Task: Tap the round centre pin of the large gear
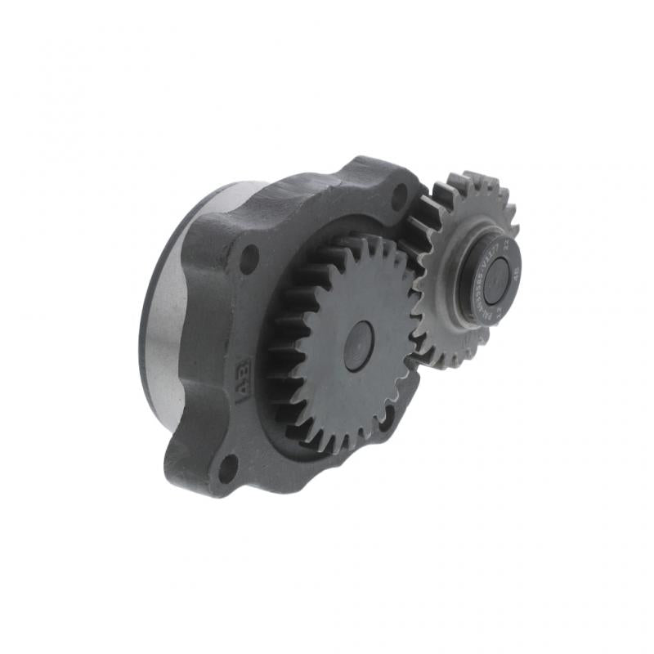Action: pos(359,346)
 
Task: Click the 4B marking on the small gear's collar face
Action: pos(515,275)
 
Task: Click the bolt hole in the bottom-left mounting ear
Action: pos(228,467)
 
